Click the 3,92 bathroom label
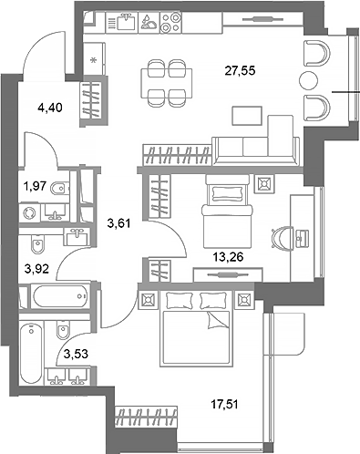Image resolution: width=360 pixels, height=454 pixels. [35, 269]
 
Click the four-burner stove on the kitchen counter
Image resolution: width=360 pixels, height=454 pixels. [169, 23]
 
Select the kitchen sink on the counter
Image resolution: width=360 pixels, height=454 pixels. [125, 23]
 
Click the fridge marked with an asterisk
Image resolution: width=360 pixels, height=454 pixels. [95, 62]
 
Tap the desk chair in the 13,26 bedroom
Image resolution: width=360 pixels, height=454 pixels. [278, 235]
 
